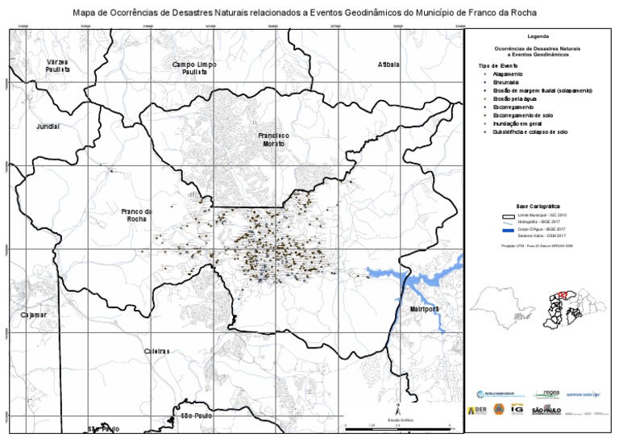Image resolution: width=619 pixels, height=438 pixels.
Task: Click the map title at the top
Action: [x=309, y=13]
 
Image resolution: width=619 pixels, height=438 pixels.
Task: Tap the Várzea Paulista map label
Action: [x=57, y=66]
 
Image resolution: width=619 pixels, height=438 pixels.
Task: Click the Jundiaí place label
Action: [x=48, y=127]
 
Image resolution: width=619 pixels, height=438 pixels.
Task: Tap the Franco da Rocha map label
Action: [x=137, y=215]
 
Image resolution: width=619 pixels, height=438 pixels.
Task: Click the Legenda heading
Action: [x=537, y=37]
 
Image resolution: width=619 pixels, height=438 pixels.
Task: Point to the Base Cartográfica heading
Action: [x=538, y=206]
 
